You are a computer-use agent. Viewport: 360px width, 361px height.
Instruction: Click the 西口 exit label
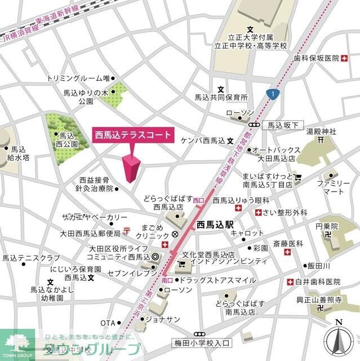click(198, 200)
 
